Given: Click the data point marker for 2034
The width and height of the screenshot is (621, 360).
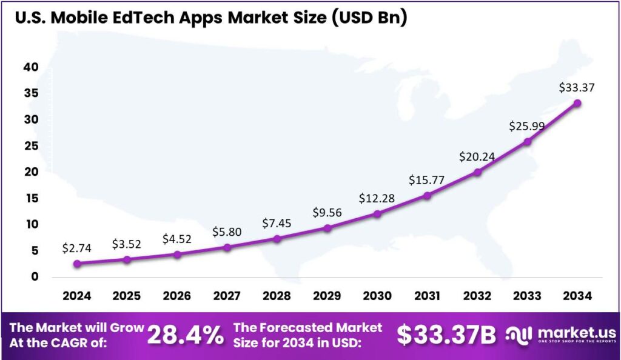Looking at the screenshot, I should click(x=577, y=103).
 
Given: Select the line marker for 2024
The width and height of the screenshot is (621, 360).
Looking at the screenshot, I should click(x=76, y=264).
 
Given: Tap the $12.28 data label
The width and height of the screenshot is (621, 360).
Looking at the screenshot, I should click(x=377, y=198).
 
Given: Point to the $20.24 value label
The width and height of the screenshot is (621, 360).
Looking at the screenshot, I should click(x=477, y=156).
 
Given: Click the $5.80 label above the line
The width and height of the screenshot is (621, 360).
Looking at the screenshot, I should click(x=227, y=232).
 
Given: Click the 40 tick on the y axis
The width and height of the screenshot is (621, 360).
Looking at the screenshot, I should click(x=30, y=67).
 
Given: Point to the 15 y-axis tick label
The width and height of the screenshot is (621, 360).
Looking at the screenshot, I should click(x=30, y=198).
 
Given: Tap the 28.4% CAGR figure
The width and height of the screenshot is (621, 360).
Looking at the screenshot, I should click(x=186, y=335).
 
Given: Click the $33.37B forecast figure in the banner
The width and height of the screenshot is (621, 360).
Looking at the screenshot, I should click(x=446, y=335).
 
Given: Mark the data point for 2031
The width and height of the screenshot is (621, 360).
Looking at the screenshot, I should click(x=428, y=195).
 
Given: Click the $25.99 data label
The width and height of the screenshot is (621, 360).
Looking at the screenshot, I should click(x=528, y=127).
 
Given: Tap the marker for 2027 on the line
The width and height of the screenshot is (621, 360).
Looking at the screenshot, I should click(x=227, y=247).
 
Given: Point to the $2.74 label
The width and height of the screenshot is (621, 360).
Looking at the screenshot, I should click(x=76, y=248).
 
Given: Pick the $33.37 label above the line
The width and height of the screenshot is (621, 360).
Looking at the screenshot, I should click(x=577, y=87).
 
